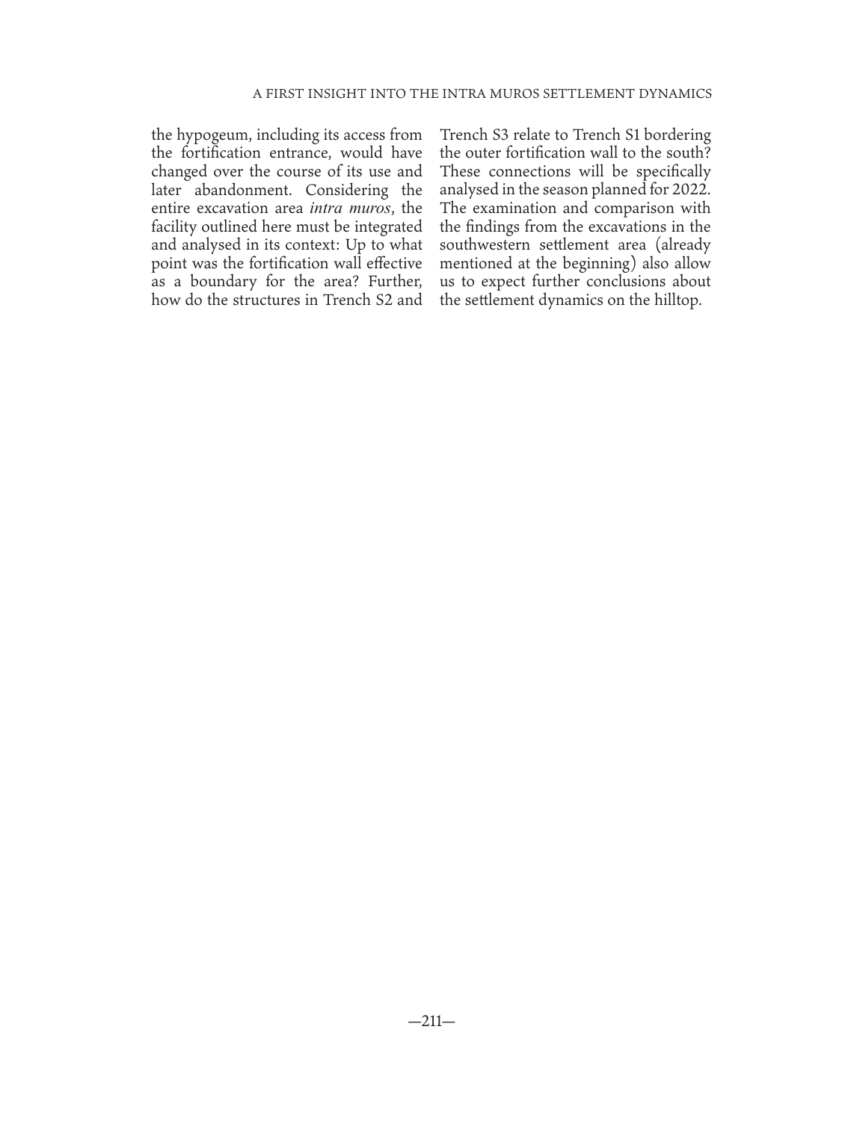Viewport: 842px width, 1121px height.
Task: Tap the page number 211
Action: coord(431,1022)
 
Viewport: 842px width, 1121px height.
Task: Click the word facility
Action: coord(174,226)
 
